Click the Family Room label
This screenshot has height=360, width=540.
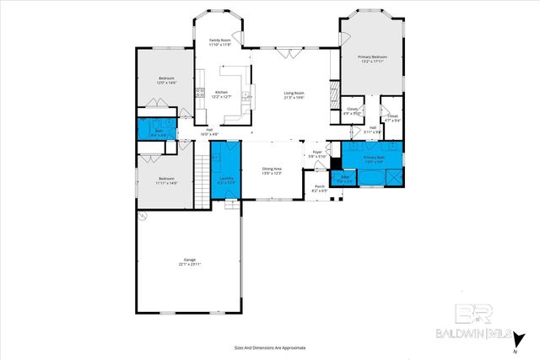(x=220, y=41)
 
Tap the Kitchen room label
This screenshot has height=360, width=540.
(x=221, y=94)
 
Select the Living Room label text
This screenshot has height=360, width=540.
(x=294, y=94)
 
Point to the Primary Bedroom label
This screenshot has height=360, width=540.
(x=371, y=59)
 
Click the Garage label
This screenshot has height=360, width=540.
(x=189, y=261)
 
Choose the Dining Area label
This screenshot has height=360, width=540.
(x=270, y=171)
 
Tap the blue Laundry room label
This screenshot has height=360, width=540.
(x=226, y=180)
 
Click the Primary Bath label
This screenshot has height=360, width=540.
(x=374, y=159)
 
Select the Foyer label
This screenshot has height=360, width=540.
(x=316, y=154)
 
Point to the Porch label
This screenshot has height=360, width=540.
(x=320, y=188)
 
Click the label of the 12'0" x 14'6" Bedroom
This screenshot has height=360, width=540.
(x=166, y=80)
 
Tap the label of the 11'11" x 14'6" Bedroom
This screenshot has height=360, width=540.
(x=166, y=180)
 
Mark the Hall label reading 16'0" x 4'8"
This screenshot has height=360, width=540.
(x=209, y=132)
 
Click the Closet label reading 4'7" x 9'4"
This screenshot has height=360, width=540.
(x=393, y=117)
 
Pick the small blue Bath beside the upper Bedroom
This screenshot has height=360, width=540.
(x=158, y=132)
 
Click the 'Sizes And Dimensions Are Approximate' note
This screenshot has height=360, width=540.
(x=269, y=347)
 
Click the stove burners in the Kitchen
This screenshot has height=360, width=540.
(x=201, y=94)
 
